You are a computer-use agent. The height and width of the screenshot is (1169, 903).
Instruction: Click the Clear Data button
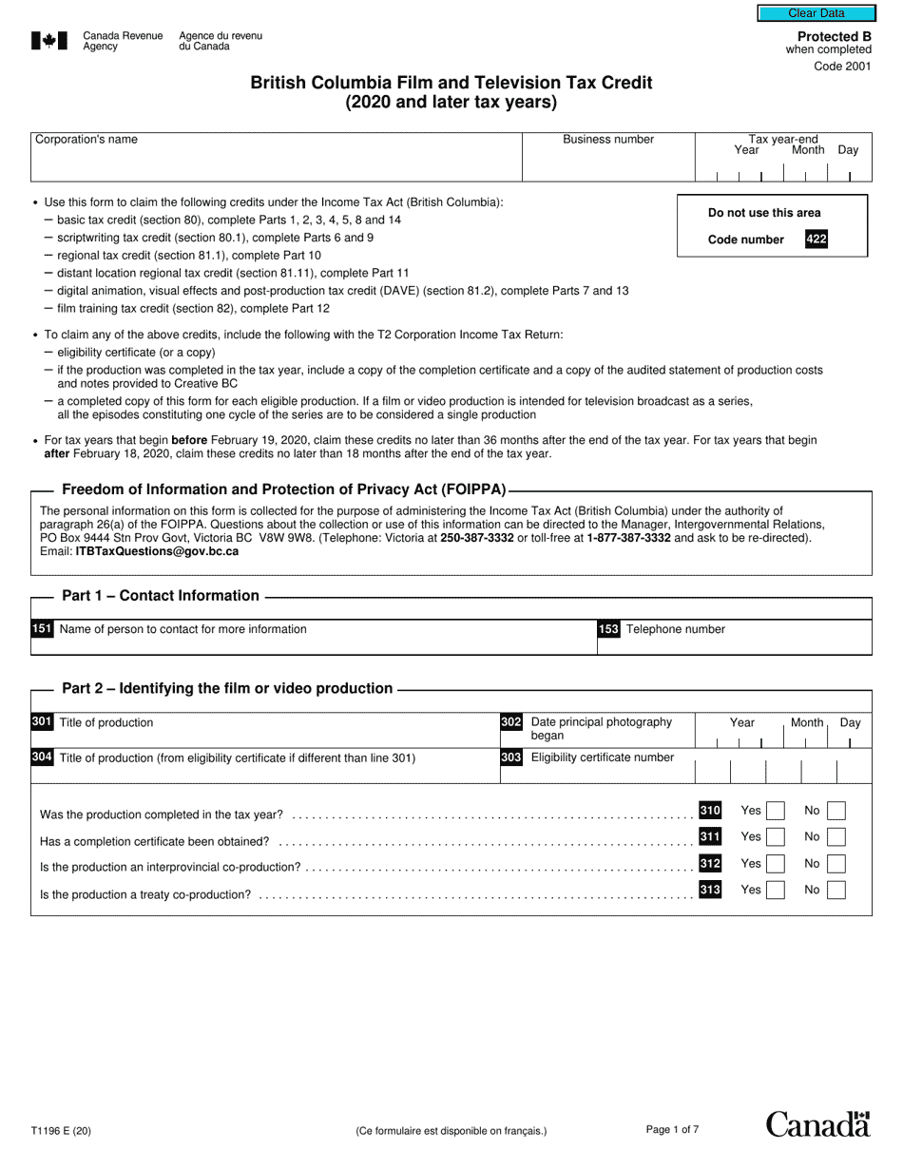[x=816, y=13]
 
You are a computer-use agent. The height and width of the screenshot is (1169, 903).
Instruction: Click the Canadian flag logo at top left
[x=49, y=40]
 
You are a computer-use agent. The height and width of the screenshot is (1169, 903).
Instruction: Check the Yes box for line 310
[x=776, y=811]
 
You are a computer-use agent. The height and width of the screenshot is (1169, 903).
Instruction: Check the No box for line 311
[x=836, y=837]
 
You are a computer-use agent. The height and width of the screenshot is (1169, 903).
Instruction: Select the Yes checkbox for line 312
[x=776, y=864]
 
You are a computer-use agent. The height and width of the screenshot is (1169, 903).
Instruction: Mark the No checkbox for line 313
[x=836, y=891]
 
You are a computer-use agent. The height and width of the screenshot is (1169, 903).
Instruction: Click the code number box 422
[x=816, y=240]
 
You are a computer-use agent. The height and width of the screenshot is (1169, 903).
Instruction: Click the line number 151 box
[x=42, y=629]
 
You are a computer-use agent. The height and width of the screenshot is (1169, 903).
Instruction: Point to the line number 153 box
[x=608, y=629]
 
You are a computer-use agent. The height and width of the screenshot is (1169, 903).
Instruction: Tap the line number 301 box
[x=42, y=722]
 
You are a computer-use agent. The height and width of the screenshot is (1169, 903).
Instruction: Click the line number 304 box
[x=42, y=757]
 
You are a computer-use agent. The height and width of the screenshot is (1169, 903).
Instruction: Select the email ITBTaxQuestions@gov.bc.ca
[x=157, y=551]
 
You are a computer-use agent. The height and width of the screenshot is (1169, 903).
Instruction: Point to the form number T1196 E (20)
[x=62, y=1131]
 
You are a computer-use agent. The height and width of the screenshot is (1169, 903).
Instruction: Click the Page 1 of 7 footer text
[x=672, y=1130]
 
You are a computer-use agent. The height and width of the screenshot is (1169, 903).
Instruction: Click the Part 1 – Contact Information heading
[x=160, y=596]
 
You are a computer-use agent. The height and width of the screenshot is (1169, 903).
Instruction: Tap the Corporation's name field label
[x=86, y=140]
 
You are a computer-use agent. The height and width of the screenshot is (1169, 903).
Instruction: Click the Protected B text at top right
[x=834, y=36]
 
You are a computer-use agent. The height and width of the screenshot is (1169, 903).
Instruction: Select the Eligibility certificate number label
[x=602, y=757]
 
